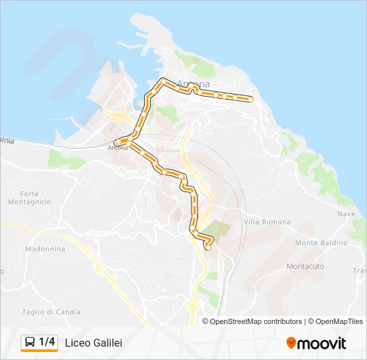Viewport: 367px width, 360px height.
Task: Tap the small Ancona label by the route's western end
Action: [x=117, y=148]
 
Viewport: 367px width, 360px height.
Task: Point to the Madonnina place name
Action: [x=45, y=249]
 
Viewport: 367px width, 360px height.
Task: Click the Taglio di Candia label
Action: [x=51, y=312]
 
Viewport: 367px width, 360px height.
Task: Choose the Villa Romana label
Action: [x=268, y=222]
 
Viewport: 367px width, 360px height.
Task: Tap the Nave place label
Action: [x=346, y=214]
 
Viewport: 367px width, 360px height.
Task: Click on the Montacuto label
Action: [x=305, y=266]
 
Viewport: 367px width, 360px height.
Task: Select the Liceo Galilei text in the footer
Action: [x=93, y=343]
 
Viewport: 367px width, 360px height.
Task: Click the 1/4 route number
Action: [x=47, y=342]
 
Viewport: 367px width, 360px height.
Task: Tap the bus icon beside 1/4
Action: [x=30, y=342]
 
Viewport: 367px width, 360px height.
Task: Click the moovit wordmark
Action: [x=322, y=343]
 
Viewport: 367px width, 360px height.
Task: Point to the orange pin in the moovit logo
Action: [x=291, y=343]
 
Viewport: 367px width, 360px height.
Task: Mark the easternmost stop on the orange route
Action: [x=250, y=99]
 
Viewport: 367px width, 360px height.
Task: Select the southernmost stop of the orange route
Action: [x=208, y=247]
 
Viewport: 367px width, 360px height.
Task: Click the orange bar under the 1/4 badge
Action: [x=39, y=351]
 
